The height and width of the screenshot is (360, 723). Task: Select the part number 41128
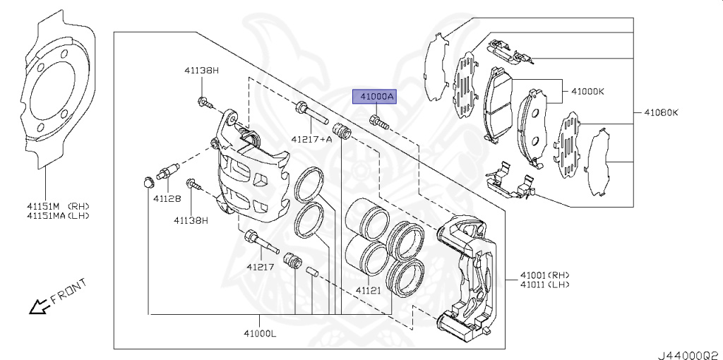point(167,199)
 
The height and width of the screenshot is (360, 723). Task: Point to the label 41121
point(368,290)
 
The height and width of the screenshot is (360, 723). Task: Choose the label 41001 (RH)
point(544,275)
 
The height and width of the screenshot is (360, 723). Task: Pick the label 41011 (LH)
point(544,284)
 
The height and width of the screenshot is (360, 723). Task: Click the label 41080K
point(661,112)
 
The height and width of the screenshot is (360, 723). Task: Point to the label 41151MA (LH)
point(59,215)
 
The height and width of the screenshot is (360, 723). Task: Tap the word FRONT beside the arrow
point(68,291)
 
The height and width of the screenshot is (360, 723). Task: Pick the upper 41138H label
point(202,71)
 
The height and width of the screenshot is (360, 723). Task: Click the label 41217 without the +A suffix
point(260,267)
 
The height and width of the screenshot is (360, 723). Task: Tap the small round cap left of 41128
point(148,183)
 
